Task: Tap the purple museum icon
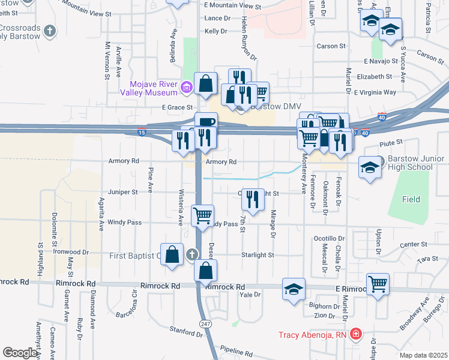pos(187,88)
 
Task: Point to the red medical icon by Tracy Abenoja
pos(356,334)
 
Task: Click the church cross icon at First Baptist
pos(191,255)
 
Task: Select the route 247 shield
pos(205,323)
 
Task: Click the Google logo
pos(20,353)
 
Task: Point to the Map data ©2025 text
pos(423,355)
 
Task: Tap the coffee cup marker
pos(206,122)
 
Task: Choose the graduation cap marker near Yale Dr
pos(294,289)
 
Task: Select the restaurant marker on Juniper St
pos(253,199)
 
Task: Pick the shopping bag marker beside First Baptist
pos(172,254)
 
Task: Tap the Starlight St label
pos(258,255)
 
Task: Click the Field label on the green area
pos(411,199)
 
